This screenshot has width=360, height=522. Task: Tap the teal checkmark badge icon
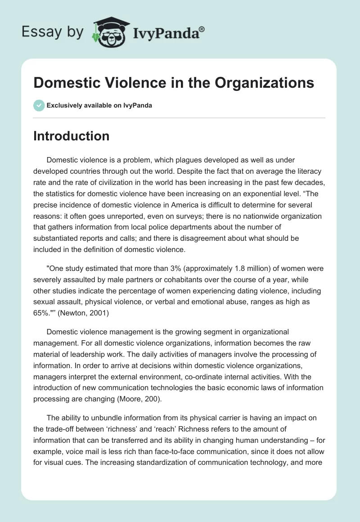click(x=39, y=106)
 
